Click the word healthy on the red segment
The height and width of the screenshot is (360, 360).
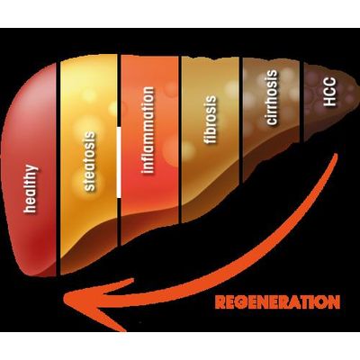coord(31,189)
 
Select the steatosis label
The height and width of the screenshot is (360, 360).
coord(89,161)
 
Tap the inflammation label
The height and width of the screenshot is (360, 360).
coord(148,130)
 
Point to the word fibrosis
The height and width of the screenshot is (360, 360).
coord(210,120)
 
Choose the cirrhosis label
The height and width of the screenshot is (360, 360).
coord(271,97)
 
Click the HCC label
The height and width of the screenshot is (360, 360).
coord(329,92)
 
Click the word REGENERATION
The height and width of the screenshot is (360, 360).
coord(278,301)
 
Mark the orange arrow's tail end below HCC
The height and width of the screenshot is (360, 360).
coord(335,156)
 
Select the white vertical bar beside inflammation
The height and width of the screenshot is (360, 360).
coord(119,162)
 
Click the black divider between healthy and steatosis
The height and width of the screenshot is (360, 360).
coord(58,169)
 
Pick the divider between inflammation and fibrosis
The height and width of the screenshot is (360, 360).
coord(180,139)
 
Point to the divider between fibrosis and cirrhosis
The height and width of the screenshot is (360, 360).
coord(241,120)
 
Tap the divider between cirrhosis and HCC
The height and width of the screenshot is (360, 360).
coord(301,102)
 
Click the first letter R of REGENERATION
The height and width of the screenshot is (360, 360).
coord(220,302)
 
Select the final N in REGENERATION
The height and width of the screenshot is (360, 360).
coord(334,302)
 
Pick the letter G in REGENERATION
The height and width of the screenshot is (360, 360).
coord(242,302)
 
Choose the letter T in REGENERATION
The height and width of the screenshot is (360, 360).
coord(303,302)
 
